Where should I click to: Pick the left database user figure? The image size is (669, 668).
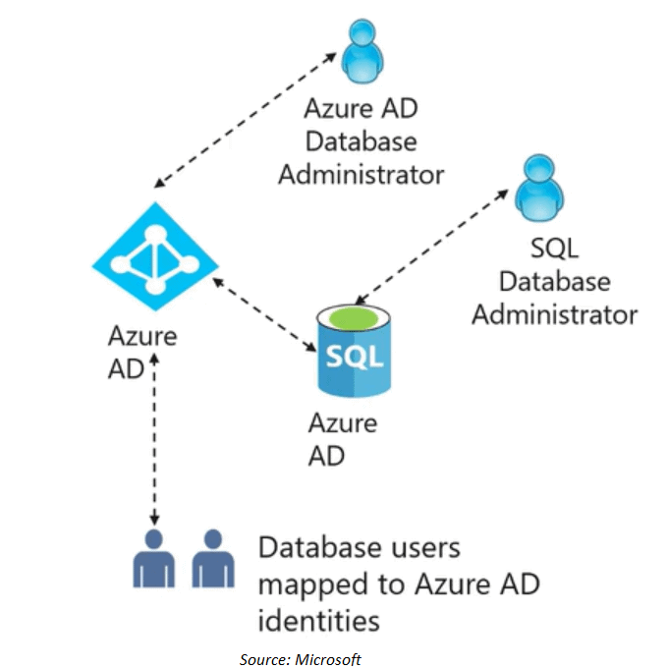(x=154, y=559)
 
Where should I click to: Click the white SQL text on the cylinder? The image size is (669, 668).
(x=351, y=356)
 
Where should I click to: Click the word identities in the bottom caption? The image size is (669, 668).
(x=318, y=621)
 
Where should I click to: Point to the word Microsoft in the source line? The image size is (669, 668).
(x=327, y=659)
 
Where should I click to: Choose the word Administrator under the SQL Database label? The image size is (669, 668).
(x=554, y=314)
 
